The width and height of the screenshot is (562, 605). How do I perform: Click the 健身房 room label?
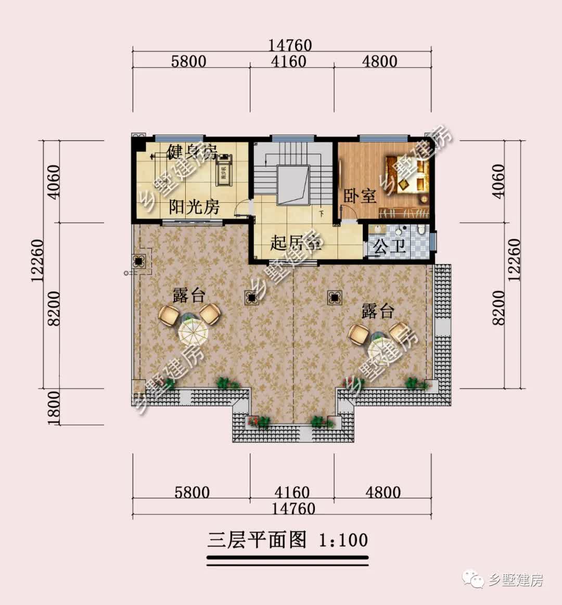191,153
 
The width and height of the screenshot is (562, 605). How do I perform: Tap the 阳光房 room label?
194,207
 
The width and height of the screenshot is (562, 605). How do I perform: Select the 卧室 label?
360,197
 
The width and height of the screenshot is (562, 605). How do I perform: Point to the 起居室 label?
295,242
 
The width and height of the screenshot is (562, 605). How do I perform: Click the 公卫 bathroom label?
390,246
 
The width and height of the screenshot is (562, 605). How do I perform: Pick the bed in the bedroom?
407,174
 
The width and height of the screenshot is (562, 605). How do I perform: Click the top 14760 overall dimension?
290,45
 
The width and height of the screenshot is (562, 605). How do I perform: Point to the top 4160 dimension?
289,61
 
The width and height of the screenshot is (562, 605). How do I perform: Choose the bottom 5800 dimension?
191,492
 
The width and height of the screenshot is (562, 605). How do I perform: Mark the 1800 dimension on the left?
54,407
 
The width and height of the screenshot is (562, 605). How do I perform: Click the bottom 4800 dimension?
382,492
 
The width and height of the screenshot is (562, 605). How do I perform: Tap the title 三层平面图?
257,540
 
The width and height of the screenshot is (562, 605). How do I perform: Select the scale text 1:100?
343,540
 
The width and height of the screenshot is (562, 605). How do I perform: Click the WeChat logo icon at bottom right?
475,580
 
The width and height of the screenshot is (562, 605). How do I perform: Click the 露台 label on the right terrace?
378,311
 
